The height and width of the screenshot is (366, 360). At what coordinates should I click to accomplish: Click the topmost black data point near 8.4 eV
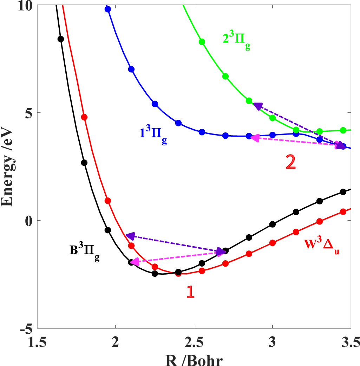click(x=60, y=39)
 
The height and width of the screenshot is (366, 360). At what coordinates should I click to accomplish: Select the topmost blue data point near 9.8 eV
click(x=108, y=9)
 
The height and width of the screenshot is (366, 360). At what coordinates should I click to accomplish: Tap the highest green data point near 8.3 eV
click(x=202, y=42)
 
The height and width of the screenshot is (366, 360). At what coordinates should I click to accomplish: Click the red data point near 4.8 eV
click(x=84, y=117)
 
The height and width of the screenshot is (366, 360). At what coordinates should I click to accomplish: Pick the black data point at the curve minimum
click(x=155, y=274)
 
